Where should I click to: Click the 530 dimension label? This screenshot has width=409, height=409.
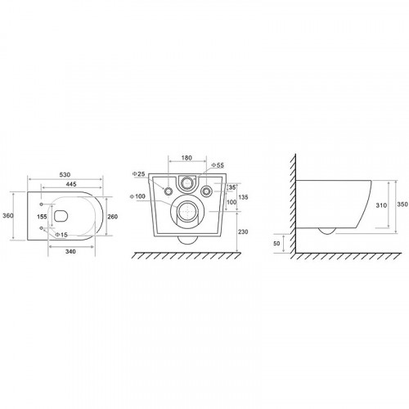click(65, 174)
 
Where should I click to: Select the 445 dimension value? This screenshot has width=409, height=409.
click(71, 184)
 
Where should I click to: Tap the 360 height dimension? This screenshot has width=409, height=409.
click(8, 216)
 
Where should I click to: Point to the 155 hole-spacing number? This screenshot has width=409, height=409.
click(42, 217)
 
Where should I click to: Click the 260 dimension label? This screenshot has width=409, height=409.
click(112, 217)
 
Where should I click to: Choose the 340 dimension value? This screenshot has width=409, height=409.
click(70, 251)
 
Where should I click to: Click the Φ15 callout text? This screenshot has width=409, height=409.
click(61, 235)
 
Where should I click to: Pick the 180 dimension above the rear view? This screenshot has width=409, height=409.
click(187, 158)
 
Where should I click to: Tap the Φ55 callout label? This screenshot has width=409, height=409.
click(218, 165)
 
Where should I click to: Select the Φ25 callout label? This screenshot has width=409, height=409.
click(139, 174)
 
